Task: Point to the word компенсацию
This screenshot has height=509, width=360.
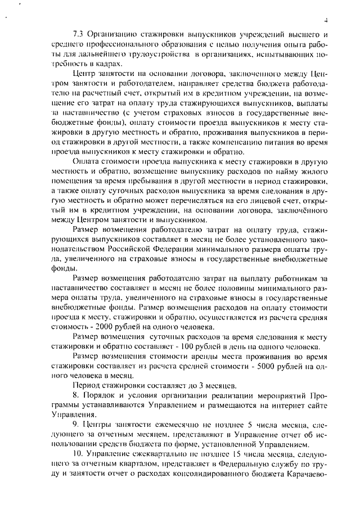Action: (x=262, y=143)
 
